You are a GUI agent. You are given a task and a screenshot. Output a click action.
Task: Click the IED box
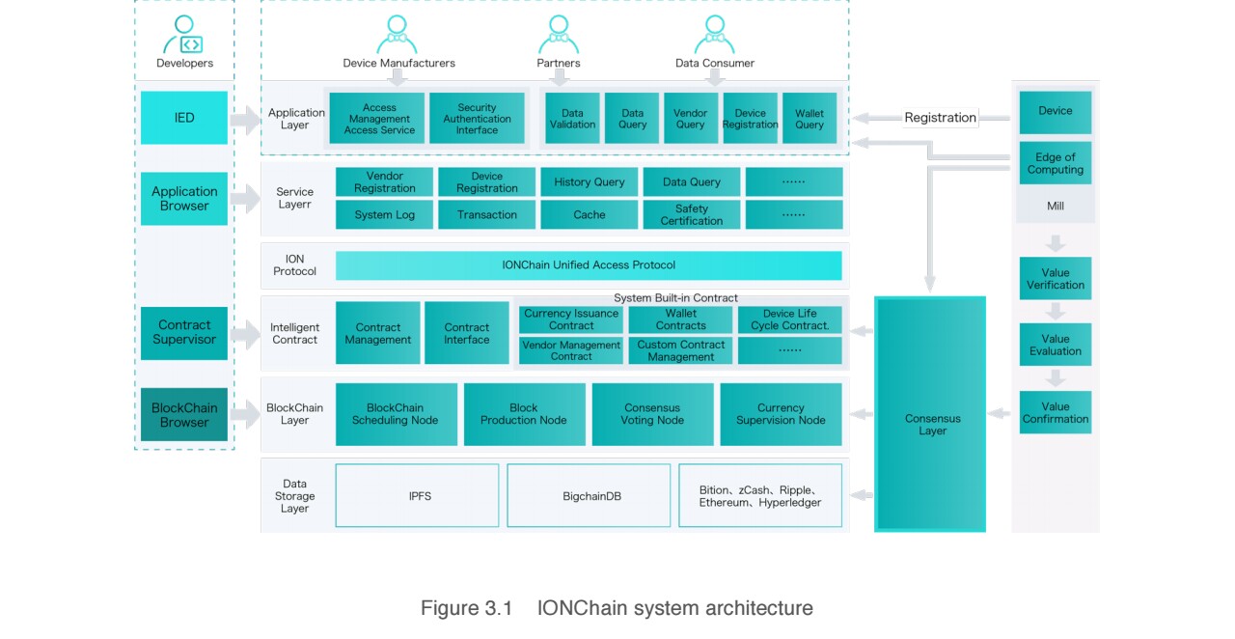coord(184,118)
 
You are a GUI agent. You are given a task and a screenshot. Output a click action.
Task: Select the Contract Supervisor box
coord(184,333)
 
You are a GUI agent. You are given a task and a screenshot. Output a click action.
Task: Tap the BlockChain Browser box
coord(184,415)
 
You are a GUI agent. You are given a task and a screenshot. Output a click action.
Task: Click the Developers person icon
coord(183,36)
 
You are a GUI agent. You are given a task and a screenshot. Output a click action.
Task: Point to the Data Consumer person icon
coord(714,35)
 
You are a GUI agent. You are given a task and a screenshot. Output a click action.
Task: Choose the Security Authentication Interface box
coord(477,119)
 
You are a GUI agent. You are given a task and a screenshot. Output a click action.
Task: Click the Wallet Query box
coord(810,119)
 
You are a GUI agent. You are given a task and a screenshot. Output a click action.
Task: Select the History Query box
coord(589,182)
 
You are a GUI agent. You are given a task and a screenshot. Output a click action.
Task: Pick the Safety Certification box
coord(691,214)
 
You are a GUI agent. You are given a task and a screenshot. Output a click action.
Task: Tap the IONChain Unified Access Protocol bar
coord(589,265)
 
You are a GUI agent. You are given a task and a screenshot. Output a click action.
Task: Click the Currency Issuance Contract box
coord(571,319)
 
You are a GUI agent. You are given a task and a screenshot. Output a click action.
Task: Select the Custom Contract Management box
coord(681,350)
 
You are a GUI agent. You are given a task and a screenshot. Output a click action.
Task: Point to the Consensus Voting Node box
coord(652,414)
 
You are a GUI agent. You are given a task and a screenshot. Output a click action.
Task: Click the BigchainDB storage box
coord(589,496)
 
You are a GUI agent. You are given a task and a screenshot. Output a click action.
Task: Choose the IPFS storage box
coord(418,496)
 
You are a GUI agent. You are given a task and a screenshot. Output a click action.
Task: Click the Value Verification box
coord(1056,279)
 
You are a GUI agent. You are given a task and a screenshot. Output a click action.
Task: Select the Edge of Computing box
coord(1056,164)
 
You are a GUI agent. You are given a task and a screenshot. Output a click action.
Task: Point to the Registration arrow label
coord(940,118)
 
